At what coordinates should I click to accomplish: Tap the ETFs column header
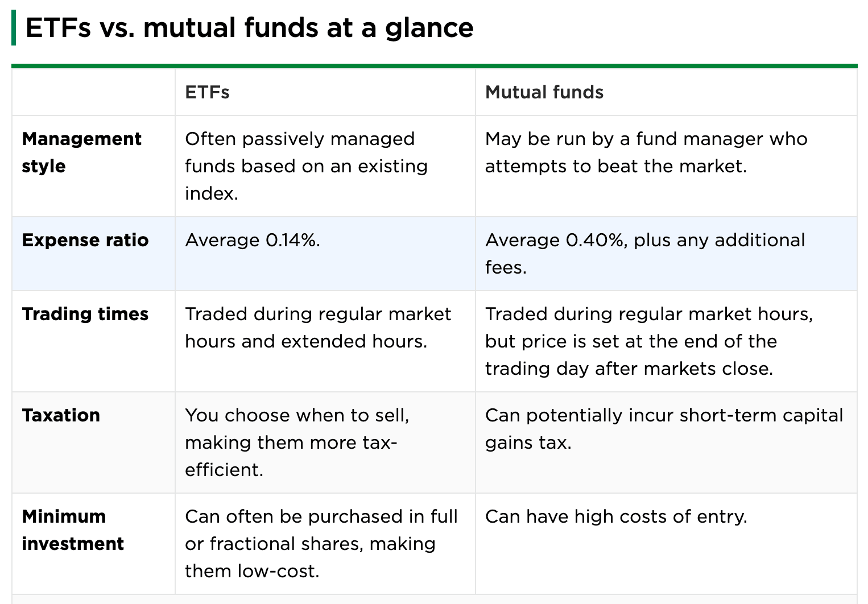[207, 92]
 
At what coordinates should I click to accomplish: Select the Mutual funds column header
[544, 92]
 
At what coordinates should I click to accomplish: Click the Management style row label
[81, 152]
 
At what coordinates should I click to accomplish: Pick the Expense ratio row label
[85, 240]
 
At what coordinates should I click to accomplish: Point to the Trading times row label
[85, 314]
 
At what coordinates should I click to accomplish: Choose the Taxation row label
[61, 415]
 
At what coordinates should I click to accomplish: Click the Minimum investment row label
[72, 530]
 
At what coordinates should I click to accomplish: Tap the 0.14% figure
[292, 240]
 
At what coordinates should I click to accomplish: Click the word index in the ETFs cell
[211, 193]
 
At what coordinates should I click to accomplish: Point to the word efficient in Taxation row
[224, 470]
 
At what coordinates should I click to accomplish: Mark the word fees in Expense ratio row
[505, 267]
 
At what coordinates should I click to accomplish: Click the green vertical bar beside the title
[14, 28]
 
